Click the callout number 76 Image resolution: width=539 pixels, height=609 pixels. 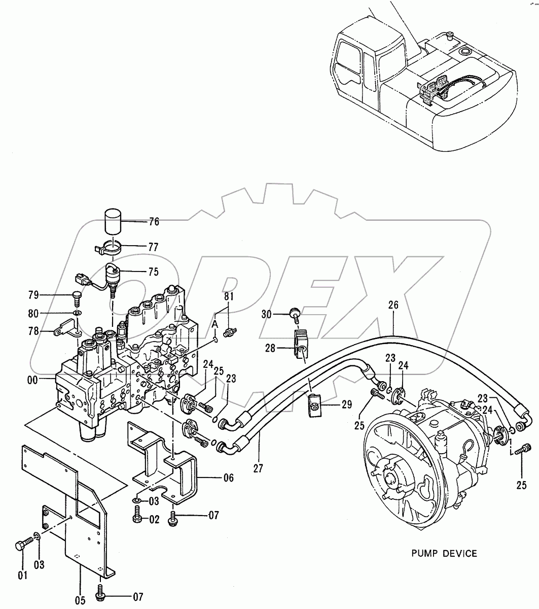[154, 222]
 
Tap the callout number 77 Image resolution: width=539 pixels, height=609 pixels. [153, 248]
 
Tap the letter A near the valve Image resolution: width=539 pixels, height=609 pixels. [215, 324]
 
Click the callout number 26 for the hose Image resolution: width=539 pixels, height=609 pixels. [393, 306]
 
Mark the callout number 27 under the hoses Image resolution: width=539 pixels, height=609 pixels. [258, 468]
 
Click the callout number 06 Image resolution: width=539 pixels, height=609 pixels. [228, 478]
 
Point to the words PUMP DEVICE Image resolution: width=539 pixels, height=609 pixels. [445, 553]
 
